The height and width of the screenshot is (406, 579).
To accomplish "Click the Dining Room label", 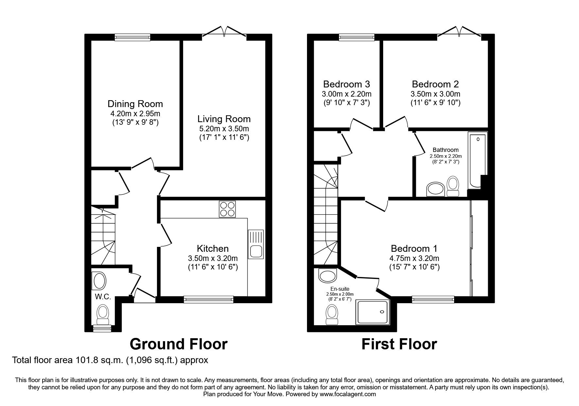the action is click(135, 104).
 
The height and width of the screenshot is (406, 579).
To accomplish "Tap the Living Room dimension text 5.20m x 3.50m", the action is click(224, 129).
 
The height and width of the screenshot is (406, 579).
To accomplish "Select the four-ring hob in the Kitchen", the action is click(227, 209).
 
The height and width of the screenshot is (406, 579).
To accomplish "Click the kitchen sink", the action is click(256, 244).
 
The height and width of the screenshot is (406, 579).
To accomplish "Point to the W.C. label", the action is click(103, 297).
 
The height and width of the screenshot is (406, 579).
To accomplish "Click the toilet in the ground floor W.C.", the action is click(103, 314).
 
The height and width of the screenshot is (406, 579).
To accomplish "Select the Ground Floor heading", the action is click(179, 344).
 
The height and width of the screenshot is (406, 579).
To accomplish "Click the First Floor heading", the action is click(399, 344).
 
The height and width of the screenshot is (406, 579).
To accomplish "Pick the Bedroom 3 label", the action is click(347, 84).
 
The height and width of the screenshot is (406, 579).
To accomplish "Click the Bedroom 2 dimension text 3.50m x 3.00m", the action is click(435, 94).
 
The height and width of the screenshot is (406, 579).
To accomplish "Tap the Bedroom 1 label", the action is click(414, 249).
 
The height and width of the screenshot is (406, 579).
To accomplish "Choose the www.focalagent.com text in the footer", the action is click(348, 394).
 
